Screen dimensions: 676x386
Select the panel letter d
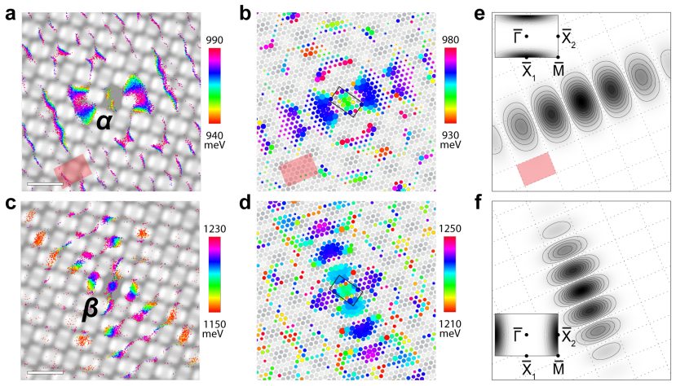click(x=245, y=202)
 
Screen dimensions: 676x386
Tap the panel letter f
click(x=479, y=202)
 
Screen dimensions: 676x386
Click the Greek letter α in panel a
click(x=104, y=122)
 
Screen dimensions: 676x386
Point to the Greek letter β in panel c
click(x=91, y=309)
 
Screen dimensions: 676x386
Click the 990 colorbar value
click(x=214, y=41)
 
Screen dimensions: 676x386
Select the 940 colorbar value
click(x=214, y=135)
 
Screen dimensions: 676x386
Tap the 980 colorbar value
click(x=450, y=40)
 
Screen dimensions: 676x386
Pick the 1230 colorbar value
click(x=214, y=229)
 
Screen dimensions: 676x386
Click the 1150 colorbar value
click(x=214, y=324)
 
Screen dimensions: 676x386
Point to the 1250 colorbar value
click(x=450, y=229)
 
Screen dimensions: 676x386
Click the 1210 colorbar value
click(x=450, y=324)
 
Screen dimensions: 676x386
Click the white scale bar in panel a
click(x=46, y=184)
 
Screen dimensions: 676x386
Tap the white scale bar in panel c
click(x=46, y=373)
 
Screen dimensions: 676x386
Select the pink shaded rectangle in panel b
click(x=298, y=169)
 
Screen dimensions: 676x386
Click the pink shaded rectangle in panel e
click(x=537, y=169)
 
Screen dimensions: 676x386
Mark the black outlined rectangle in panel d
click(x=347, y=291)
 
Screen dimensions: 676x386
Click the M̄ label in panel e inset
click(x=558, y=69)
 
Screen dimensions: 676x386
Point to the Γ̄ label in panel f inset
click(x=518, y=334)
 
